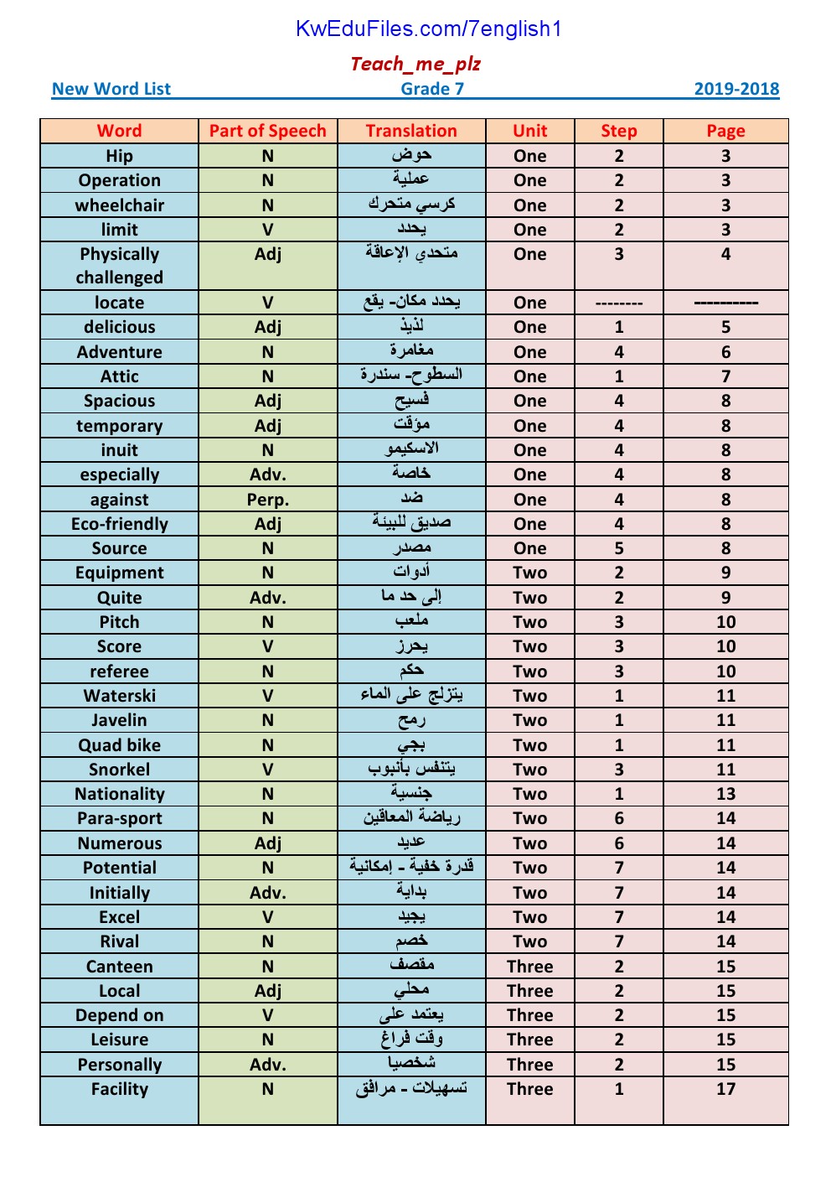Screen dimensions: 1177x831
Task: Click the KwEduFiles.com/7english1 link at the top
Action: (428, 29)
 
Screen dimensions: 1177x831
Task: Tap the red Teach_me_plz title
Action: (415, 64)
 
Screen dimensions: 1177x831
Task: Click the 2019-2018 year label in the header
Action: (736, 89)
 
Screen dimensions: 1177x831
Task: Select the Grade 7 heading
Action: (432, 89)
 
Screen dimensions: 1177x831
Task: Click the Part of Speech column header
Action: (267, 131)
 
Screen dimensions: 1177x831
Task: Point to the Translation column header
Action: (411, 131)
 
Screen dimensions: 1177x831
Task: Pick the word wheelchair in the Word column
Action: (120, 205)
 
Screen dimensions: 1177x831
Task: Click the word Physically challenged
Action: (120, 266)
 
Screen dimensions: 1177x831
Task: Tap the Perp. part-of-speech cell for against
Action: (267, 500)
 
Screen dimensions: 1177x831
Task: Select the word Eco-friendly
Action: (120, 524)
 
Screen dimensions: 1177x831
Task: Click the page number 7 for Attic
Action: (725, 376)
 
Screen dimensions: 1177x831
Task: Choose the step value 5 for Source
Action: (619, 548)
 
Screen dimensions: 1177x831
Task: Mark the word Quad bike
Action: (120, 745)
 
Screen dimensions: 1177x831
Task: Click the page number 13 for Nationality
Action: (725, 794)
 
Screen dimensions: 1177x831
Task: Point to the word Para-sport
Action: (120, 818)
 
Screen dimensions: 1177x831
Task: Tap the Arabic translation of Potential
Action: (411, 867)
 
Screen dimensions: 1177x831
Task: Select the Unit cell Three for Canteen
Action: (530, 967)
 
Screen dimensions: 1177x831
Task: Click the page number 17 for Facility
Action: (725, 1089)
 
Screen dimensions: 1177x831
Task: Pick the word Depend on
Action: (120, 1015)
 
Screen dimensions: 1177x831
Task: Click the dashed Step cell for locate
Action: (619, 303)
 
